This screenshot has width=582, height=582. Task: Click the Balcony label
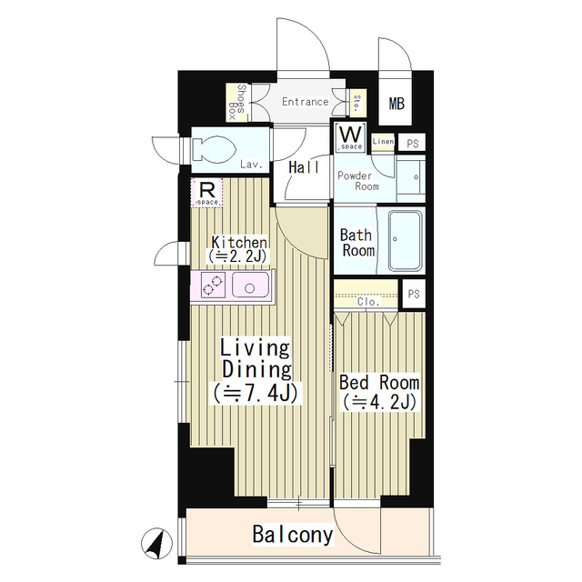pos(293,535)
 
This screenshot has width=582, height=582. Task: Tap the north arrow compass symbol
pos(156,544)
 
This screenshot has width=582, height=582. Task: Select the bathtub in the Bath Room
pos(406,240)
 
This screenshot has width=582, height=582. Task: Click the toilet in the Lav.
pos(215,150)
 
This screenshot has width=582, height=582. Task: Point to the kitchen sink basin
pos(250,285)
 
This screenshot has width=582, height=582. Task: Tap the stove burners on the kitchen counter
pos(213,285)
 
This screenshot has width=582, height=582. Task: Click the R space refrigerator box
pos(206,192)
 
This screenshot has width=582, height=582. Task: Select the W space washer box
pos(350,137)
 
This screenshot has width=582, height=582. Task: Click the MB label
pos(396,103)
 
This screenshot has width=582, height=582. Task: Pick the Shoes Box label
pos(237,102)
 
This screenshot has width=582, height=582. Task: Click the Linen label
pos(383,142)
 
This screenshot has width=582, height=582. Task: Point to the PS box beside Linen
pos(412,143)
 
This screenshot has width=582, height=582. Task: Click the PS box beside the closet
pos(414,294)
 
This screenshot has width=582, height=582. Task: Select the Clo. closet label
pos(368,301)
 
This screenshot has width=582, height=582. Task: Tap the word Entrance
pos(306,102)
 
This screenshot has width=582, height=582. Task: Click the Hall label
pos(304,167)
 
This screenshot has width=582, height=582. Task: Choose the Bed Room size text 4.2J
pos(378,402)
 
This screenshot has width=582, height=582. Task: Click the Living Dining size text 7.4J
pos(256,394)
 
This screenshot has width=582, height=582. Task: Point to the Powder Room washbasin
pos(411,177)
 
